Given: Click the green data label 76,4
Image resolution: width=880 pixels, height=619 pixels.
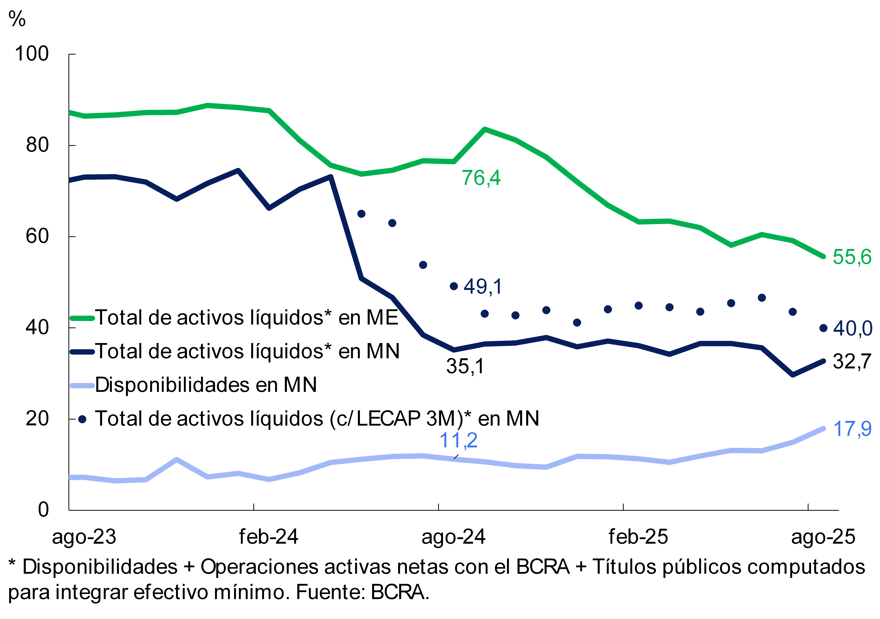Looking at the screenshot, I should coord(481,178).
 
